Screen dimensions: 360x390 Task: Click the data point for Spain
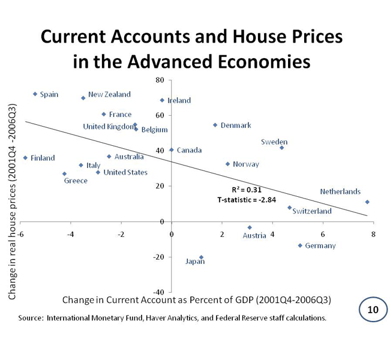pyautogui.click(x=35, y=94)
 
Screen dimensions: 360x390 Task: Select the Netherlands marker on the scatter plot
pyautogui.click(x=367, y=202)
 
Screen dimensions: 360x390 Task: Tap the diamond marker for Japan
pyautogui.click(x=201, y=257)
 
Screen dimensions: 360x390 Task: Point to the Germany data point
pyautogui.click(x=300, y=245)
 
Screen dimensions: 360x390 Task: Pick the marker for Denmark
pyautogui.click(x=215, y=125)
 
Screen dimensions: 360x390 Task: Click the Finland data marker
pyautogui.click(x=25, y=158)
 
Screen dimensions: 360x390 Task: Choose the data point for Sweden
pyautogui.click(x=281, y=148)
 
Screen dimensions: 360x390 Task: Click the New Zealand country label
pyautogui.click(x=109, y=94)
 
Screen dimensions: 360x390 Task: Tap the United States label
pyautogui.click(x=125, y=172)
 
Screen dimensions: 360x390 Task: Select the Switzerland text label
pyautogui.click(x=312, y=211)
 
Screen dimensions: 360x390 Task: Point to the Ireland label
pyautogui.click(x=179, y=100)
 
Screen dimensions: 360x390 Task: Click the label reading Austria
pyautogui.click(x=254, y=235)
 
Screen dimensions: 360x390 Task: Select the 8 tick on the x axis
pyautogui.click(x=373, y=234)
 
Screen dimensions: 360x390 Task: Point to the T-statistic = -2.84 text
pyautogui.click(x=246, y=200)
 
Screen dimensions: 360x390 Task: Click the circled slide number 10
pyautogui.click(x=373, y=310)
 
